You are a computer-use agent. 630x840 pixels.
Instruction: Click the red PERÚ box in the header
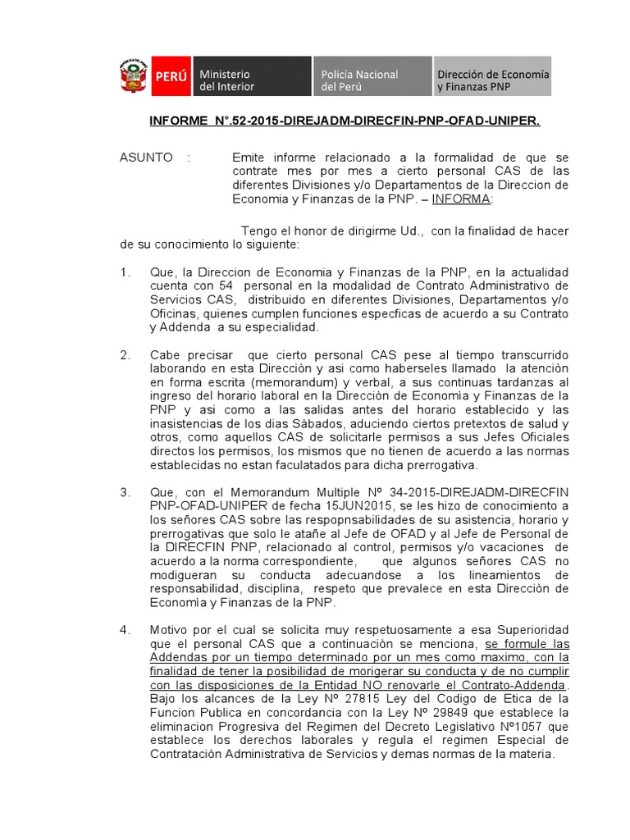[x=171, y=76]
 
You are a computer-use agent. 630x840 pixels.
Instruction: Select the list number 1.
[x=124, y=272]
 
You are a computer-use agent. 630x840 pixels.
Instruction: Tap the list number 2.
[x=125, y=354]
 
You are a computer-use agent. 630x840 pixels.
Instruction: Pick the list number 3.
[x=125, y=492]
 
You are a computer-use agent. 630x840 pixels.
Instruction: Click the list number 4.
[x=125, y=630]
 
